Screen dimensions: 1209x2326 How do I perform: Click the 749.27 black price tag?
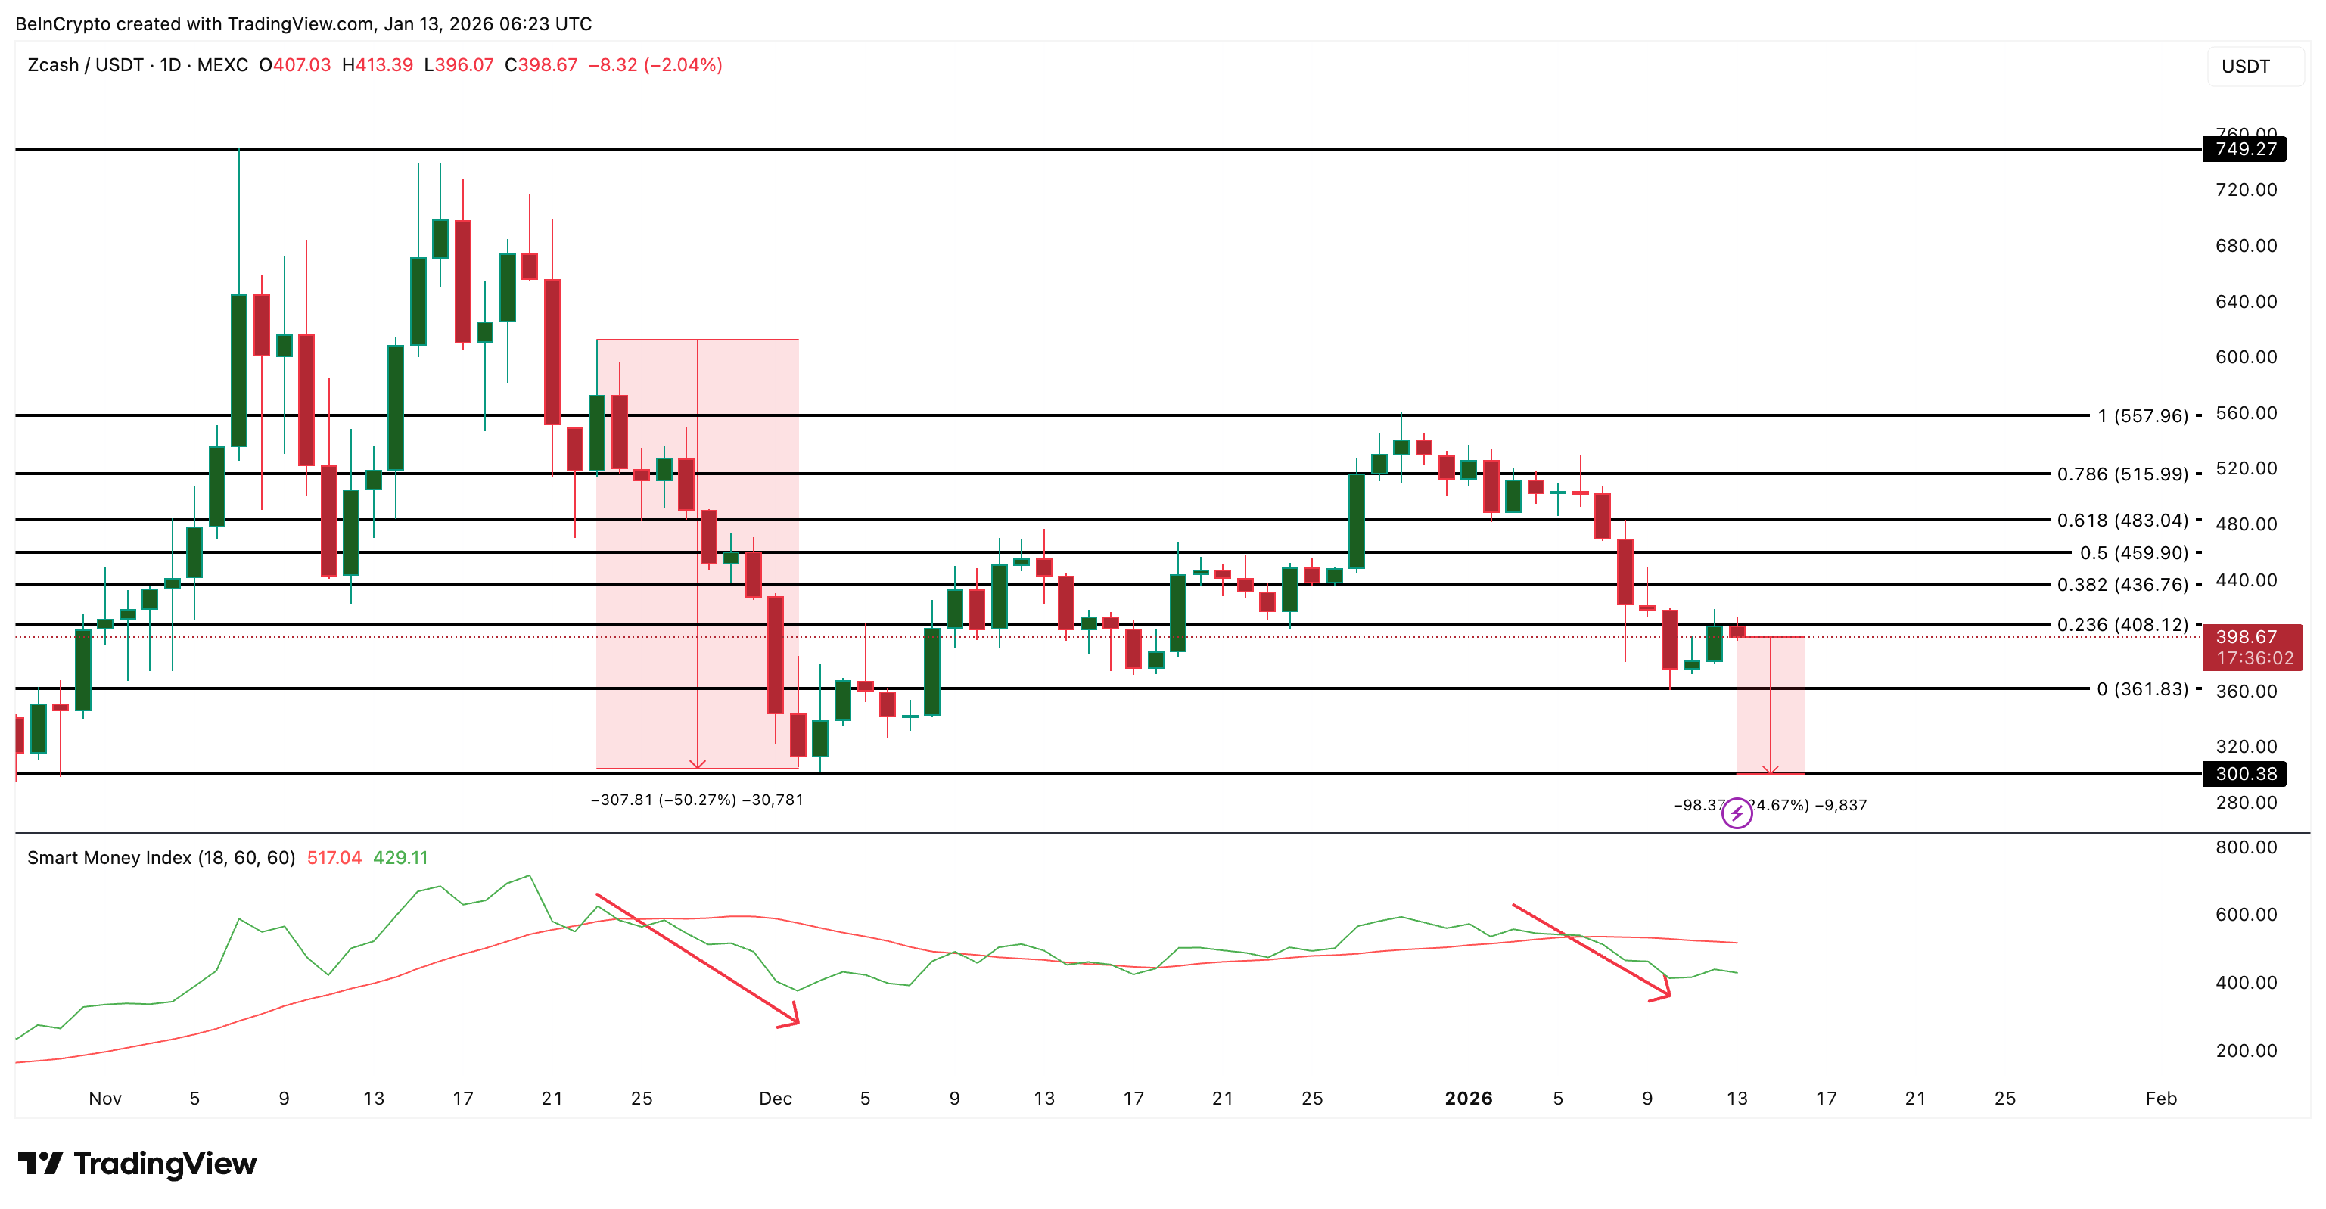click(2245, 149)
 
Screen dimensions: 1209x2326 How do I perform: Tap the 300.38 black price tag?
click(2245, 774)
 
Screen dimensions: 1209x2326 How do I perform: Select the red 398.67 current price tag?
click(2252, 646)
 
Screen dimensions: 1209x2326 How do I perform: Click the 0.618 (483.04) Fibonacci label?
click(2122, 520)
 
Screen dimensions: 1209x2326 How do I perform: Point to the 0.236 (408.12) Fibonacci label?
click(2122, 625)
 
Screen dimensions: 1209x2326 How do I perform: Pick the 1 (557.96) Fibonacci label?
click(2142, 416)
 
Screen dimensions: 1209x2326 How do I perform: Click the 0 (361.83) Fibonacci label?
click(2142, 689)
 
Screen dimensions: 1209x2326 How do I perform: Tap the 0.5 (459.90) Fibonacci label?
click(2134, 552)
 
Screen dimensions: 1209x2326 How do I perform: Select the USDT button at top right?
click(2245, 66)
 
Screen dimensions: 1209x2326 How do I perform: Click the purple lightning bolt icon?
click(1737, 814)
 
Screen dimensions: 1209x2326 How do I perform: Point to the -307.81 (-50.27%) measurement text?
click(696, 800)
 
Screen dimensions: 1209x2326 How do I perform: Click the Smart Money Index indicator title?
click(160, 858)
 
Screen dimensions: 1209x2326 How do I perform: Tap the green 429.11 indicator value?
click(400, 858)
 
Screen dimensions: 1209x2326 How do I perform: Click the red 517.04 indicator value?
click(334, 858)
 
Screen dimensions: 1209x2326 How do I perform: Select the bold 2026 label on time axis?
click(1468, 1099)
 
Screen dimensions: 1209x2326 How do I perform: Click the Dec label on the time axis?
click(775, 1099)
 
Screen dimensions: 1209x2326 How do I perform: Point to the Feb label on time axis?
click(2161, 1099)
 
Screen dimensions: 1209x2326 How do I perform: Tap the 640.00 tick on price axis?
click(2246, 302)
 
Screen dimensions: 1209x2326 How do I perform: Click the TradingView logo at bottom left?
click(137, 1163)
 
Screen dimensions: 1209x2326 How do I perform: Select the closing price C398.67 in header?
click(541, 65)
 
